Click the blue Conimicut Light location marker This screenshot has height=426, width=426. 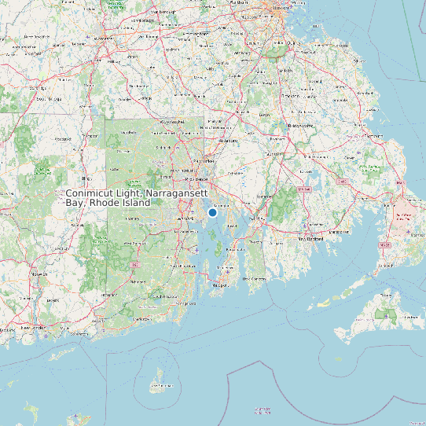(212, 212)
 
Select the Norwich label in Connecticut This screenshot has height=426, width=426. (39, 275)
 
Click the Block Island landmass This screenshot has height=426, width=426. (160, 381)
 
